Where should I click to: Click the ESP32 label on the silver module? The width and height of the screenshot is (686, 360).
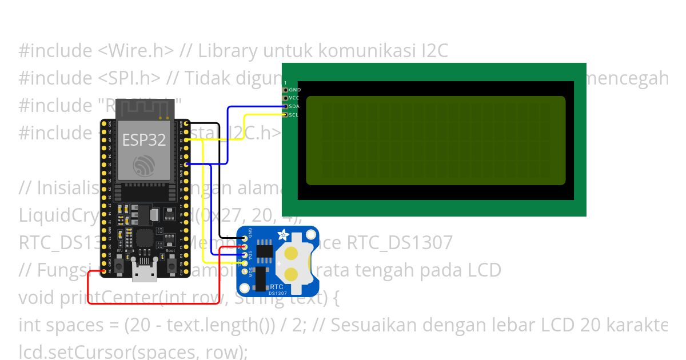coord(143,140)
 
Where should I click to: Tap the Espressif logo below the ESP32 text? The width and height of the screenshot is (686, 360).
coord(143,166)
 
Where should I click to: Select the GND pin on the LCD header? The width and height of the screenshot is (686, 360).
coord(286,90)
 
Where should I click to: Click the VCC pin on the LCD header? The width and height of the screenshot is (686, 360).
coord(286,98)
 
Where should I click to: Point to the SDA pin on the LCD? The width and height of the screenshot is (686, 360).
coord(286,106)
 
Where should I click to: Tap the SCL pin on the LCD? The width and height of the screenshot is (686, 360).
coord(286,115)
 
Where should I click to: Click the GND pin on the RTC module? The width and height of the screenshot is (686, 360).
coord(245,239)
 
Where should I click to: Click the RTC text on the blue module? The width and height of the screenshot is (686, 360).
coord(277,287)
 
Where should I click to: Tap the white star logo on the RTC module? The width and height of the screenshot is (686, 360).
coord(282,235)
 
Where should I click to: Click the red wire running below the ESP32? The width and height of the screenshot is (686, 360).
coord(160,303)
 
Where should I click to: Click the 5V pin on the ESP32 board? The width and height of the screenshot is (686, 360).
coord(105,271)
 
